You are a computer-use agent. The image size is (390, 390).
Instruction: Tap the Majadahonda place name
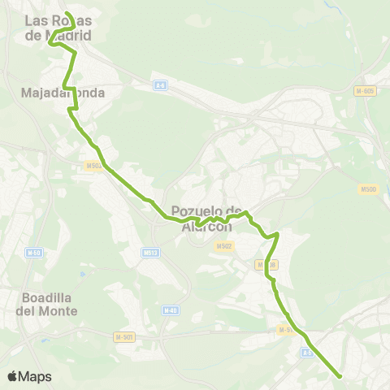click(x=63, y=93)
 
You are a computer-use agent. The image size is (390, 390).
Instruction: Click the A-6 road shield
click(x=161, y=85)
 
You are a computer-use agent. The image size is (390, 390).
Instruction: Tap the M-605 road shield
click(x=364, y=90)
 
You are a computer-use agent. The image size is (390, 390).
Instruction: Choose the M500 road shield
click(x=368, y=189)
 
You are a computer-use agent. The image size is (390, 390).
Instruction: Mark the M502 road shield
click(x=224, y=246)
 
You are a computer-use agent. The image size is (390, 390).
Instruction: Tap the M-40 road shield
click(x=170, y=310)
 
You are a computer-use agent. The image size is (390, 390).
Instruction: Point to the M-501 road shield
click(x=123, y=336)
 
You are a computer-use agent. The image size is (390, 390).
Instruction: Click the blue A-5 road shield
click(x=307, y=353)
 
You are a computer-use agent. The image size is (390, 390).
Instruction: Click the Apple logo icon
click(x=12, y=376)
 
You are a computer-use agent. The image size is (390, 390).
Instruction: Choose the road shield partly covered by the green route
click(x=271, y=265)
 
